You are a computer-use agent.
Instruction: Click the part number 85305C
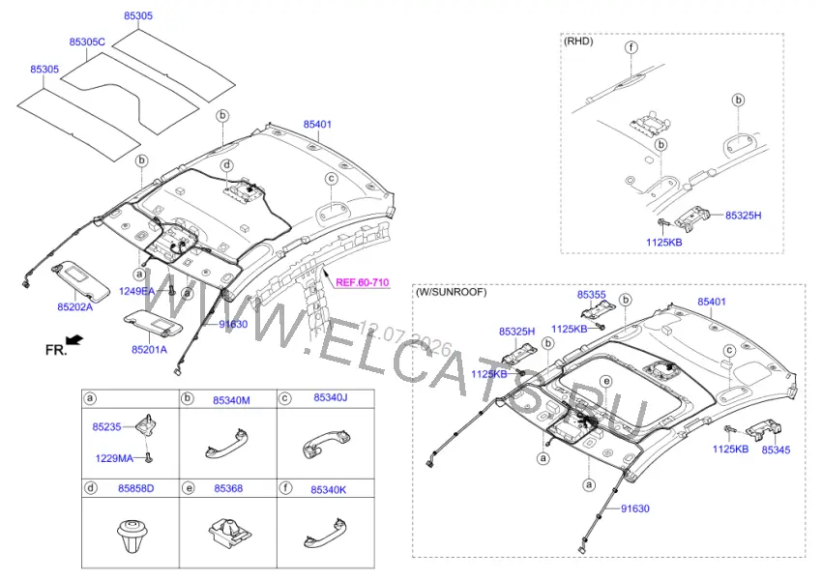click(87, 42)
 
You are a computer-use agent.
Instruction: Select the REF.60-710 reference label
click(363, 282)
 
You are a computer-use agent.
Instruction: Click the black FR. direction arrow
click(75, 340)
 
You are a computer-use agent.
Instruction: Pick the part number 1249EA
click(136, 291)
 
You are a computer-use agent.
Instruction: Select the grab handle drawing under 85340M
click(225, 444)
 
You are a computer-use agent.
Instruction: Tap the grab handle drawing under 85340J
click(326, 444)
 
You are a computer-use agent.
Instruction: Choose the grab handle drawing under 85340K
click(326, 533)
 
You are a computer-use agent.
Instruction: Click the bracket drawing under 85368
click(229, 532)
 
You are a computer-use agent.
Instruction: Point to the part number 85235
click(107, 427)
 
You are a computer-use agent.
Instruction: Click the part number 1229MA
click(114, 458)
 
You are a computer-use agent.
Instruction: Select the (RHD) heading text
click(578, 41)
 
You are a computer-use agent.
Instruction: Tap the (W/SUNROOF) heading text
click(451, 292)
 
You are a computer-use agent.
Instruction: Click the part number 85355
click(591, 295)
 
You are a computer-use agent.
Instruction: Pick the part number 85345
click(776, 449)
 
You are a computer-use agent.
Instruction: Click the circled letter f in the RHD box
click(631, 47)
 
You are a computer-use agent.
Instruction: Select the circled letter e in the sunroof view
click(606, 381)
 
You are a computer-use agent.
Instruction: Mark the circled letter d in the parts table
click(91, 488)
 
